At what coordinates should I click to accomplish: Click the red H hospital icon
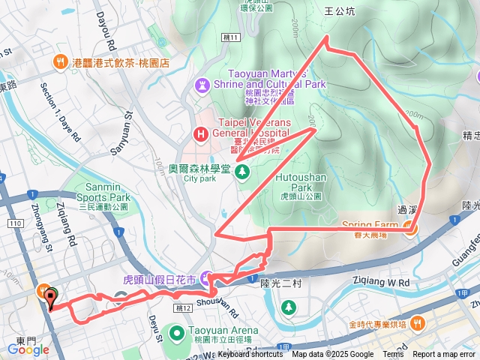200,135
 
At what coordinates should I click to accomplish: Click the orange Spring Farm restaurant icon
410,229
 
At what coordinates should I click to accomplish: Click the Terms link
393,355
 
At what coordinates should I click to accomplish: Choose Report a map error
444,355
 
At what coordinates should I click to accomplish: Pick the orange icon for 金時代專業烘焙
418,324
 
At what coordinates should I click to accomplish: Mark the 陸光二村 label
280,283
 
